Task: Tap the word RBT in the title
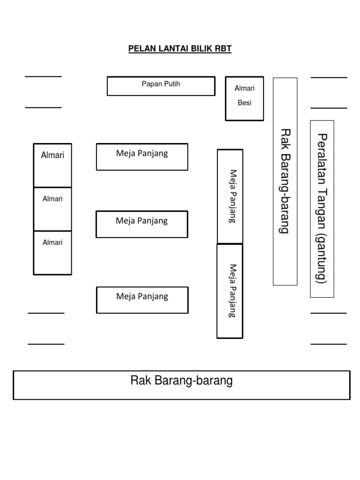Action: pyautogui.click(x=223, y=49)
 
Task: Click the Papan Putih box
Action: pyautogui.click(x=161, y=86)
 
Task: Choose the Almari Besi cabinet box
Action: pyautogui.click(x=244, y=98)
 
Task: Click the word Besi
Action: pyautogui.click(x=244, y=103)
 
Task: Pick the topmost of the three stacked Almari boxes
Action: pyautogui.click(x=52, y=165)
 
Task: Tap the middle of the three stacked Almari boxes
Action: pyautogui.click(x=52, y=209)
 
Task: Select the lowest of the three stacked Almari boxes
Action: pyautogui.click(x=52, y=253)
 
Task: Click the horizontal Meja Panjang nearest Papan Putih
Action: pyautogui.click(x=142, y=157)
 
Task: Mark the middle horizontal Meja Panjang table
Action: pyautogui.click(x=142, y=224)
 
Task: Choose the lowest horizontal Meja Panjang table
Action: pyautogui.click(x=142, y=300)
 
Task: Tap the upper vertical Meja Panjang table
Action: pyautogui.click(x=230, y=196)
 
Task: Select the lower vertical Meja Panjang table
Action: pyautogui.click(x=230, y=291)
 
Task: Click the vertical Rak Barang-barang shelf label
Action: pyautogui.click(x=285, y=181)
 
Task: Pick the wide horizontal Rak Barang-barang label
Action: pyautogui.click(x=181, y=381)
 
